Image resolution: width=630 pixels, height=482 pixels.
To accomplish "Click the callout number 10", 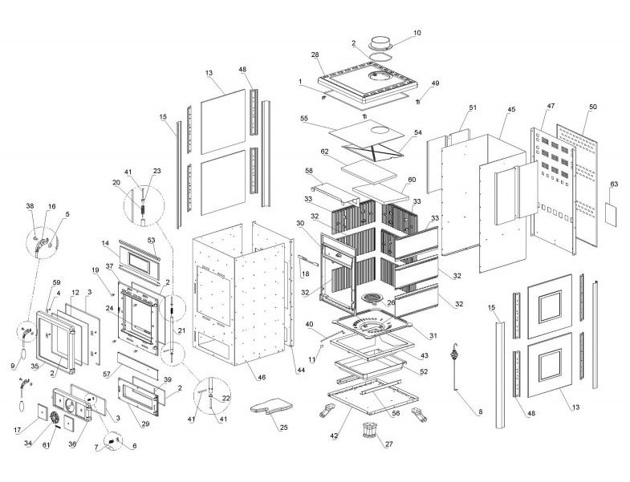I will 417,34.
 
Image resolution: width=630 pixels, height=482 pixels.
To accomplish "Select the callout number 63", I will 613,184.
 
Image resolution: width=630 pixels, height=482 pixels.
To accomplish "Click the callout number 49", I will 436,83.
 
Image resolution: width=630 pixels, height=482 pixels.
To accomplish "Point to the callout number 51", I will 472,107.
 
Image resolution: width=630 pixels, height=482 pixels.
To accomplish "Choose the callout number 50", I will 592,107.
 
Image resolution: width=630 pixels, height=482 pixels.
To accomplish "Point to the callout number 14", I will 104,242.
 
